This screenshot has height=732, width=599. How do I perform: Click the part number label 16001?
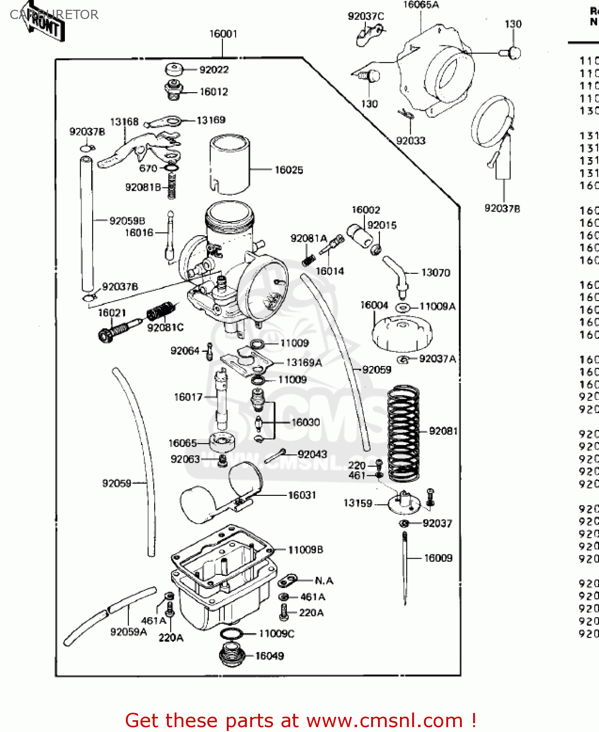click(x=223, y=34)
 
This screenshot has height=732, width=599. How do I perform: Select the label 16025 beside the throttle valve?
click(x=289, y=170)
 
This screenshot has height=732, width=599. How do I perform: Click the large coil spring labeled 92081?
click(x=403, y=432)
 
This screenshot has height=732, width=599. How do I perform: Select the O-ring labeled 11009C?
click(x=231, y=634)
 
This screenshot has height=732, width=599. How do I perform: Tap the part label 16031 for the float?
click(x=302, y=495)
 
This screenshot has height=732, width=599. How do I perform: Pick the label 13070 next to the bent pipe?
click(x=436, y=273)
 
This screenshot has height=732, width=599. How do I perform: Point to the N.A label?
click(x=324, y=581)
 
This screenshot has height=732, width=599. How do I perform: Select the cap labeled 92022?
click(x=174, y=69)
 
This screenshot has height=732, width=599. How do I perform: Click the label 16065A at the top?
click(x=421, y=5)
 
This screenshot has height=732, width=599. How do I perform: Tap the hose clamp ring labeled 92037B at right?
click(x=492, y=122)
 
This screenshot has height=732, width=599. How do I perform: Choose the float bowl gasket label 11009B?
click(x=305, y=550)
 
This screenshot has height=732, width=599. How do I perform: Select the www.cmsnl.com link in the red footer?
click(x=384, y=720)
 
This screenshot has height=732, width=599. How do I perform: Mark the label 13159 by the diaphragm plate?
click(x=358, y=503)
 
